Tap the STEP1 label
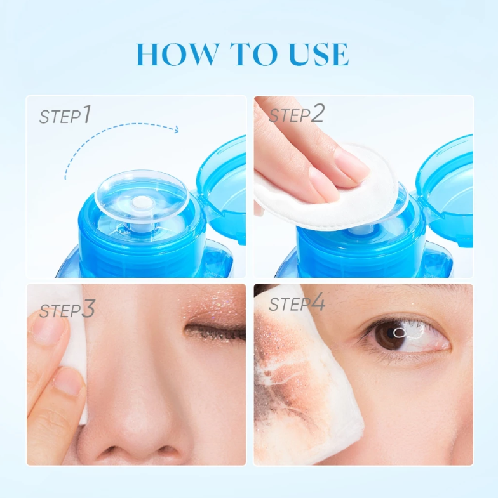coord(65,115)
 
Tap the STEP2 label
coord(297,114)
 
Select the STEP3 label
coord(67,309)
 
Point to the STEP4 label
coord(297,303)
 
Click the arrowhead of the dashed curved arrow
coord(175,129)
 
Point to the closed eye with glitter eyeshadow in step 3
coord(215,332)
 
